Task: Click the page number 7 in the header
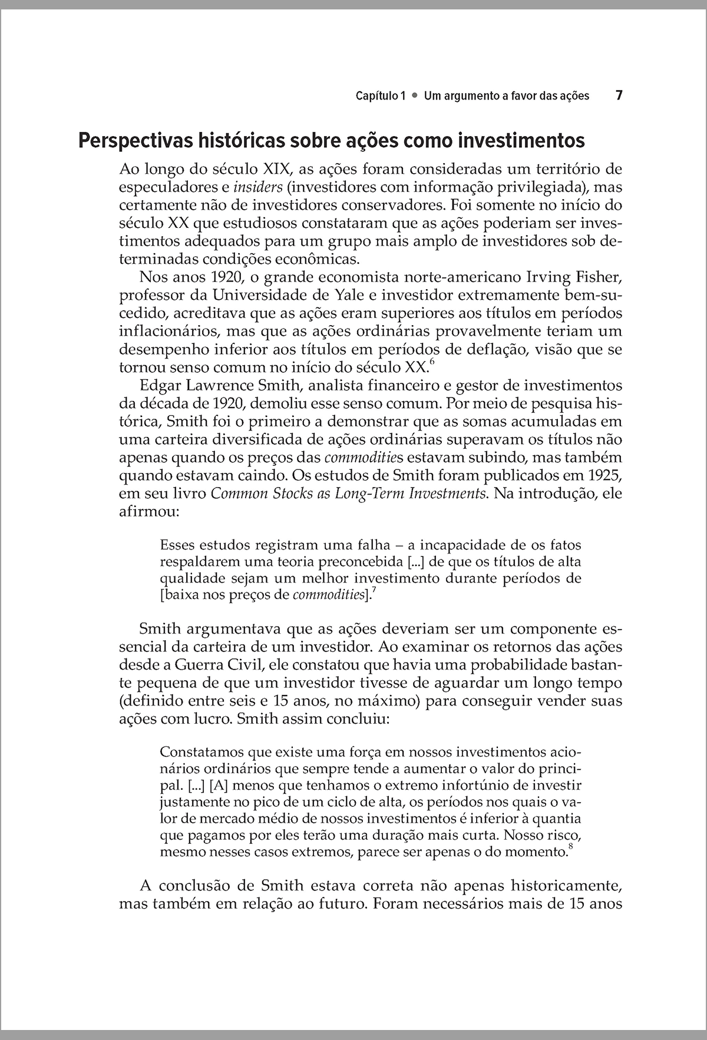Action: click(x=619, y=95)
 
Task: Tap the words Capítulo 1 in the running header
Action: click(x=381, y=96)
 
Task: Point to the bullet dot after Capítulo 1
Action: click(x=415, y=96)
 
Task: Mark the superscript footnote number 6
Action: click(x=432, y=362)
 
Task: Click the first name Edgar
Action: click(x=161, y=386)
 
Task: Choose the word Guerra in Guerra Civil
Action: click(x=201, y=665)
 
